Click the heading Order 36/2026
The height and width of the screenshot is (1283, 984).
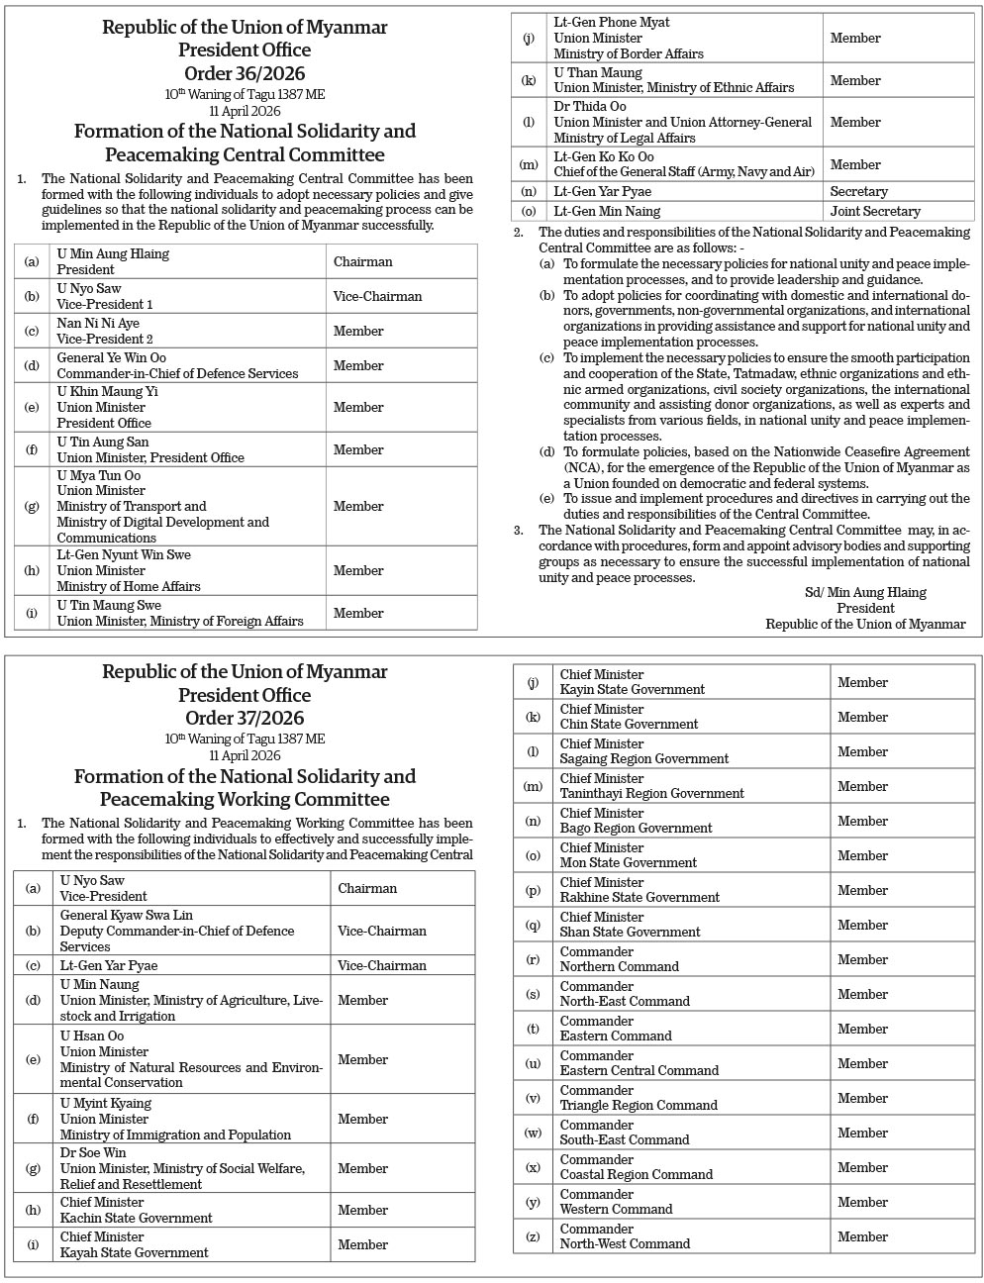245,73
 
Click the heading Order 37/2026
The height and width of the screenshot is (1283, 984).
245,718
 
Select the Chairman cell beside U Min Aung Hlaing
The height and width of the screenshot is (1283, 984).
362,262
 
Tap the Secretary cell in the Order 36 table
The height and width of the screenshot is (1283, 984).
859,192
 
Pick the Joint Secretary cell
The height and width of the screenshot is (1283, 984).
875,212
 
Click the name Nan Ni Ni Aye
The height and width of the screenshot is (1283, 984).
98,323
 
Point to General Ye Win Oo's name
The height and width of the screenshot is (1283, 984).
111,357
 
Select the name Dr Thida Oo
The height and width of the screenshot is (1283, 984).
590,106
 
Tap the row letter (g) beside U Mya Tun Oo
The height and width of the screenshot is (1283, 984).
33,507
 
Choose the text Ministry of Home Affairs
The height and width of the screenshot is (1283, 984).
129,586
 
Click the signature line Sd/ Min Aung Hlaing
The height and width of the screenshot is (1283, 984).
865,593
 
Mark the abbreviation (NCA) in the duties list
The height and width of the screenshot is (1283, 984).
583,468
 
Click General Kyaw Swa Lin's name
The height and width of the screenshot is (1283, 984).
127,915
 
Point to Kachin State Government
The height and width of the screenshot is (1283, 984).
136,1218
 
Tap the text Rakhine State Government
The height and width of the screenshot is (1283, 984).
640,897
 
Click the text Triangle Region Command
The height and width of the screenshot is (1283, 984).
639,1105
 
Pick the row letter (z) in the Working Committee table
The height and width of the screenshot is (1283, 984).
533,1236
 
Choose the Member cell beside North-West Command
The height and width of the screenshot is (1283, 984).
862,1236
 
